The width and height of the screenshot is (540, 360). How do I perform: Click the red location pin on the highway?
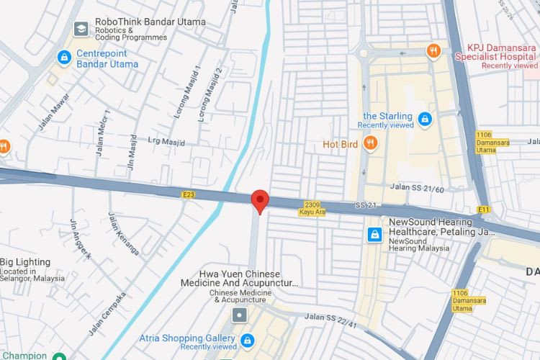[260, 200]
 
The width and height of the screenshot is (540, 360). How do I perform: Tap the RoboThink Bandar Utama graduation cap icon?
[81, 29]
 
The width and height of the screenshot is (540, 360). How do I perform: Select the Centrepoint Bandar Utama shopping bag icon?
[64, 56]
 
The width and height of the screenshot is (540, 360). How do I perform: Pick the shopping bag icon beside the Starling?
[425, 117]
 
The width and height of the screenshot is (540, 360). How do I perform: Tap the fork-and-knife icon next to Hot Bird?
[370, 144]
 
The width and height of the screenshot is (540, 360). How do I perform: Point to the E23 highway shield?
[189, 194]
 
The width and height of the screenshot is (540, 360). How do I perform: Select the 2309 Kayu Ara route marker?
[312, 208]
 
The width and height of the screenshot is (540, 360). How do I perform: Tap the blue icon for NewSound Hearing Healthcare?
[374, 234]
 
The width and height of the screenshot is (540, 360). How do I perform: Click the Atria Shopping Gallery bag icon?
[248, 340]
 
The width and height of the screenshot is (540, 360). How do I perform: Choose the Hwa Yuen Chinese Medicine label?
[248, 279]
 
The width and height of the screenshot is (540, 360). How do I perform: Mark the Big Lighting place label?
[26, 263]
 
